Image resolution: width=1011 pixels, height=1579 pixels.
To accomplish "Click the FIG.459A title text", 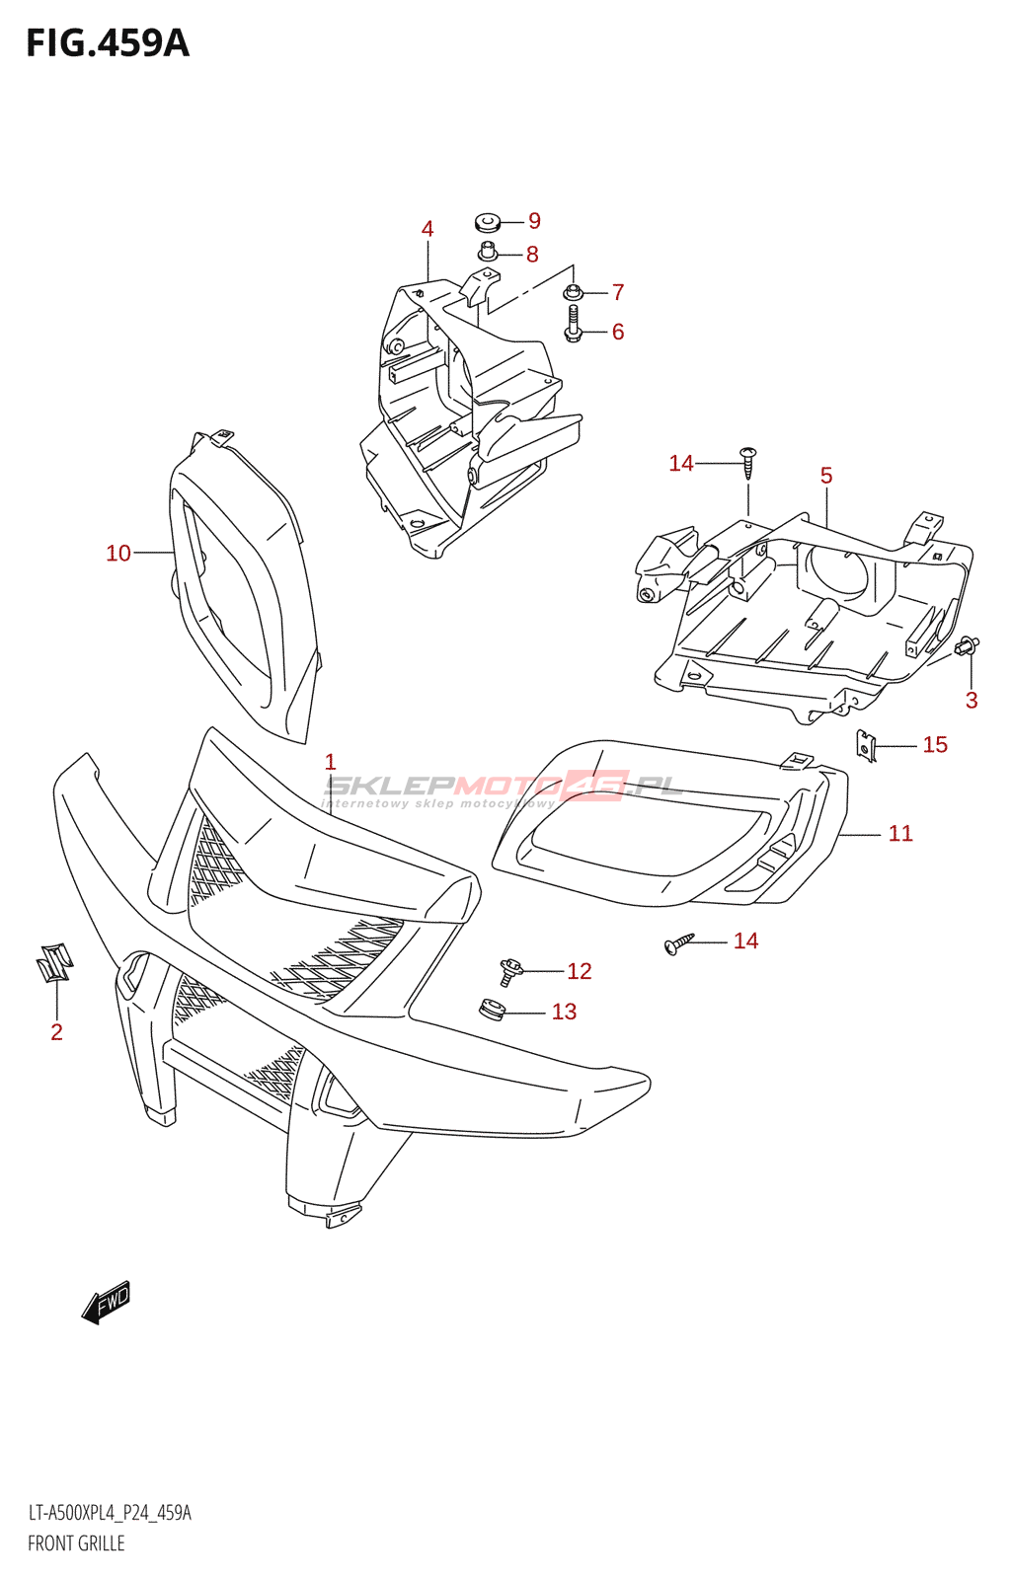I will [x=107, y=43].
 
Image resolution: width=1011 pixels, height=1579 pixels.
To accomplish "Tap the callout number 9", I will [x=534, y=221].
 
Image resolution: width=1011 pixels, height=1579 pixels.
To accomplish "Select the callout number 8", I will [x=532, y=255].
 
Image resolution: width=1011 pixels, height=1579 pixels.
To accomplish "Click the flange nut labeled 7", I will [x=573, y=292].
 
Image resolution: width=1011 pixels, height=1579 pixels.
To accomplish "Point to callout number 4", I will [x=428, y=229].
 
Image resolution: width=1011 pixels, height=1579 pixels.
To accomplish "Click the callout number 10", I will [x=118, y=554].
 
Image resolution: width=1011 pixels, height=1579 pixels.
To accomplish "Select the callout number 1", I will [x=330, y=762].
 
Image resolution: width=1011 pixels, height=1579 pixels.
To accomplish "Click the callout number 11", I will [x=900, y=834].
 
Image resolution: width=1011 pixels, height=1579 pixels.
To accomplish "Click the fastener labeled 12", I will [x=510, y=971].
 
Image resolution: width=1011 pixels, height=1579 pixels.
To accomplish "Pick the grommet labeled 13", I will [x=492, y=1011].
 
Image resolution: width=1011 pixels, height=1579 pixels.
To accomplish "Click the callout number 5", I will [x=826, y=476].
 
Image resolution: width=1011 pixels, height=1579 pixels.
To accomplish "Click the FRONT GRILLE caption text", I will [x=76, y=1543].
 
